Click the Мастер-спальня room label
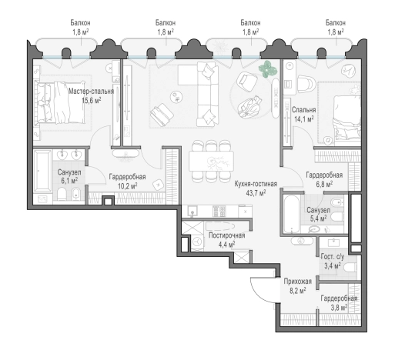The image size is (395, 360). click(x=91, y=92)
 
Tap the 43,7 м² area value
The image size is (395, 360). click(x=256, y=193)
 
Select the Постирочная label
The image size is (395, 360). click(x=226, y=235)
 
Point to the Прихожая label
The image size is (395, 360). click(x=297, y=282)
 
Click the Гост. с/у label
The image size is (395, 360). click(x=333, y=256)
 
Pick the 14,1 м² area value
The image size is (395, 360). click(x=304, y=119)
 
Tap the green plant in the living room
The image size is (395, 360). click(x=268, y=68)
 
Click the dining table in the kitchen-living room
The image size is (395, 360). click(x=211, y=161)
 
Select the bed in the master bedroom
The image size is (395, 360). click(x=60, y=102)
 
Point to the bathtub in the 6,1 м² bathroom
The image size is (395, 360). click(x=42, y=170)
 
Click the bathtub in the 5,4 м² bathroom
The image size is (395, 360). click(x=292, y=214)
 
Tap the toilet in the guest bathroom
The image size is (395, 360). click(x=350, y=268)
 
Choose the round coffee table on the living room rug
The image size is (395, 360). click(x=176, y=97)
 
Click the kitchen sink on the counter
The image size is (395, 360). click(x=192, y=212)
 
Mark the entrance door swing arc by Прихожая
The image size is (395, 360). click(x=258, y=292)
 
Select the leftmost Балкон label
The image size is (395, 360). click(x=81, y=23)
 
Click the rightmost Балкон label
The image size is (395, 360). click(x=336, y=23)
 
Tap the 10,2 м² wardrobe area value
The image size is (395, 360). click(x=127, y=186)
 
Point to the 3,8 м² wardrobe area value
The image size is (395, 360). click(x=339, y=307)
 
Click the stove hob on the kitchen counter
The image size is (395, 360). click(x=219, y=212)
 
